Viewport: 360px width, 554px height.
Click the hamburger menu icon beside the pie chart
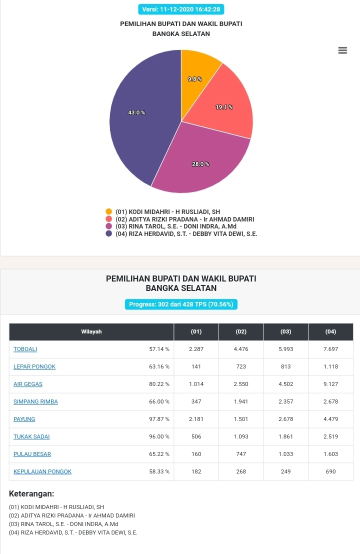tap(342, 50)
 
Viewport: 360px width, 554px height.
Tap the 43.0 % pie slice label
tap(136, 112)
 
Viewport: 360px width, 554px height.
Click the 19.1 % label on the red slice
tap(224, 106)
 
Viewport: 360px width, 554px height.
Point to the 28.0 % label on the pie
tap(200, 164)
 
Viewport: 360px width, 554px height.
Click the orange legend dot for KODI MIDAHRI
tap(109, 211)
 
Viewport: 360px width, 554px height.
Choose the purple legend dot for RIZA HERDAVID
tap(109, 233)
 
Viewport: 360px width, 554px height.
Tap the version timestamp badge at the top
tap(181, 9)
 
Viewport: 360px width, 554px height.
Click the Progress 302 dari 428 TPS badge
tap(181, 304)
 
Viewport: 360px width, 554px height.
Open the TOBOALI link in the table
tap(25, 349)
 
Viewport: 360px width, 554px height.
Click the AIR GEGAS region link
tap(28, 384)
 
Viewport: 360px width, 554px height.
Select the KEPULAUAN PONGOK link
tap(42, 471)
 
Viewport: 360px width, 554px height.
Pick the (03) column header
tap(286, 332)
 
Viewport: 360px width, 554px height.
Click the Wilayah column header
tap(91, 332)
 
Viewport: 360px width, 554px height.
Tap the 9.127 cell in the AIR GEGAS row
tap(330, 384)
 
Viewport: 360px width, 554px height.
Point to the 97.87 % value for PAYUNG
tap(159, 419)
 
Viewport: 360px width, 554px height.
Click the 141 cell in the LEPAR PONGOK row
tap(196, 366)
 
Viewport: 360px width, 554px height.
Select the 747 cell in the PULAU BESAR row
tap(241, 454)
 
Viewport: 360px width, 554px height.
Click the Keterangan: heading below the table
tap(31, 493)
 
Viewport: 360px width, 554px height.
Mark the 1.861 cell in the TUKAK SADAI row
tap(286, 436)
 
